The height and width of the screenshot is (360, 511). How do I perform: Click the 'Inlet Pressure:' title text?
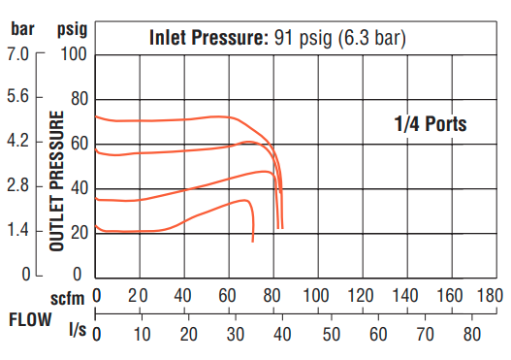[x=208, y=39]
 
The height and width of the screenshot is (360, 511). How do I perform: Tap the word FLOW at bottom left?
[x=28, y=317]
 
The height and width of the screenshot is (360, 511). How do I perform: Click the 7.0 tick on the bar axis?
[x=20, y=54]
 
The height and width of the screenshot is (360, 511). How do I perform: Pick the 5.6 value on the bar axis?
[x=20, y=98]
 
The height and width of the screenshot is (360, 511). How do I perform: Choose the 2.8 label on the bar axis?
[x=20, y=186]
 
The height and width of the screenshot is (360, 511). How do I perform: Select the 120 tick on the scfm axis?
[x=362, y=295]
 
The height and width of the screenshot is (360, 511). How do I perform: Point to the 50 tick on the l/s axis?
[x=330, y=335]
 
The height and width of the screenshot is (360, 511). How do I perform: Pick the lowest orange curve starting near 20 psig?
[x=145, y=231]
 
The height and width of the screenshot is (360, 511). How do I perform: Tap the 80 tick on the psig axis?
[x=79, y=99]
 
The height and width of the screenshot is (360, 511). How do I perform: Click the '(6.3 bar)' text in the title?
[x=364, y=39]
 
